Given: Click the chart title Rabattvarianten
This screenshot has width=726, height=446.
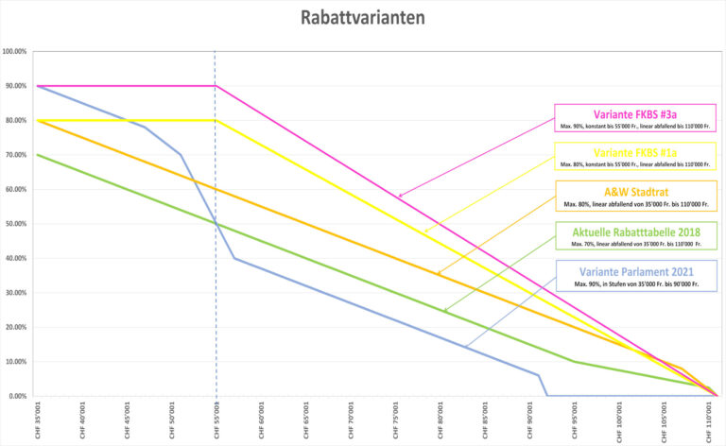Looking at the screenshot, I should point(363,17).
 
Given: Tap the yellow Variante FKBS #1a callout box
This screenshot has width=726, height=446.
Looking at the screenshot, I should point(634,157).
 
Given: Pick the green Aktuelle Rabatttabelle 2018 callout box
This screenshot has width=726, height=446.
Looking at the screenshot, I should point(634,237).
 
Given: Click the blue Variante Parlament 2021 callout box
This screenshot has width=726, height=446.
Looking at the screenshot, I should point(634,277).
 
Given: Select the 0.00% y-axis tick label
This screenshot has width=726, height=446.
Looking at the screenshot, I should point(16,396).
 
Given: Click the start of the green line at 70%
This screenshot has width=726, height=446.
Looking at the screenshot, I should point(37,155).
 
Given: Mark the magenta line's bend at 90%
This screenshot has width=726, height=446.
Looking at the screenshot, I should point(216,86).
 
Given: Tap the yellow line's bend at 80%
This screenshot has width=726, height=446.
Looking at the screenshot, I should point(216,120).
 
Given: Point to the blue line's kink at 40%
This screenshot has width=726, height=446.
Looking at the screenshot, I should point(234,258).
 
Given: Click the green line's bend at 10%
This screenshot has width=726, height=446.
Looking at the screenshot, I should point(576,361).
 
